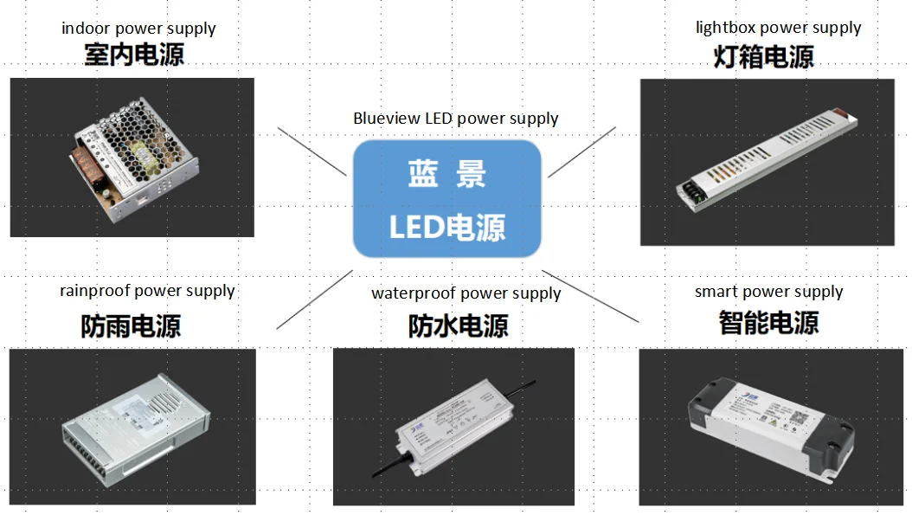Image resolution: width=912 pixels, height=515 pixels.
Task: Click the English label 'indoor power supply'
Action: (x=138, y=29)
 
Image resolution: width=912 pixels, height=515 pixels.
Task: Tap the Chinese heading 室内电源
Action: (x=134, y=55)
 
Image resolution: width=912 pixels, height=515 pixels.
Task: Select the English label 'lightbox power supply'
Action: (x=778, y=28)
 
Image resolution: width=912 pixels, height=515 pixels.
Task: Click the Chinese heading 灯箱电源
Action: (x=764, y=57)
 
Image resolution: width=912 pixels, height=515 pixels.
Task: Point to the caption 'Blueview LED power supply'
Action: (x=456, y=119)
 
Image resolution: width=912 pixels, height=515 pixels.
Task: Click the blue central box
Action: (x=447, y=199)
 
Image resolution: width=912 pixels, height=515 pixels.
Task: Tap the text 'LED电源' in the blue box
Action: (x=447, y=228)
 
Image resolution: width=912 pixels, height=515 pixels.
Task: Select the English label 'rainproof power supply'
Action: (x=147, y=291)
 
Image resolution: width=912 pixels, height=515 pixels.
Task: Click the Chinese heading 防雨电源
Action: (x=132, y=325)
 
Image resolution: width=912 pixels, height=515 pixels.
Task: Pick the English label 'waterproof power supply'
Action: (x=466, y=293)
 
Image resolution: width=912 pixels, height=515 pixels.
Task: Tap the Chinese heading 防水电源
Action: (x=459, y=325)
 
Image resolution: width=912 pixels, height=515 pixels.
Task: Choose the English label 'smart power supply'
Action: (x=768, y=292)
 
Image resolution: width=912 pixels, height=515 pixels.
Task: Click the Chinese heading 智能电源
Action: (x=768, y=323)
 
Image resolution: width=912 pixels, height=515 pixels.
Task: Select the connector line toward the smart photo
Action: (x=591, y=296)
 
